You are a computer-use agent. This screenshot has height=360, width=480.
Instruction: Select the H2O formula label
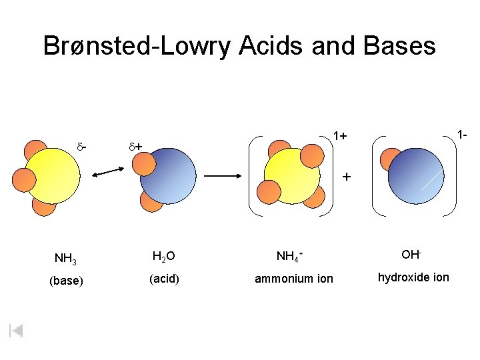(x=164, y=256)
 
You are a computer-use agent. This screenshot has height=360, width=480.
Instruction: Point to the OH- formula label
(x=411, y=255)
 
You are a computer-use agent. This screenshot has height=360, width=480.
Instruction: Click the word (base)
(x=67, y=281)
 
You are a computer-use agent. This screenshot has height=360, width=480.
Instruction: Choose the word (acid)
(x=164, y=279)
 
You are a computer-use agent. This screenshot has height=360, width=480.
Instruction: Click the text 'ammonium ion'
(x=294, y=279)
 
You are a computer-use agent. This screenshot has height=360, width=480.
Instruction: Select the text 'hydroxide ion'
(x=413, y=277)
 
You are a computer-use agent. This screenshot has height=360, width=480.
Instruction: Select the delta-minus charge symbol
(x=83, y=144)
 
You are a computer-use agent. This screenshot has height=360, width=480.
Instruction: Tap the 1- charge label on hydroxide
(x=461, y=135)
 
